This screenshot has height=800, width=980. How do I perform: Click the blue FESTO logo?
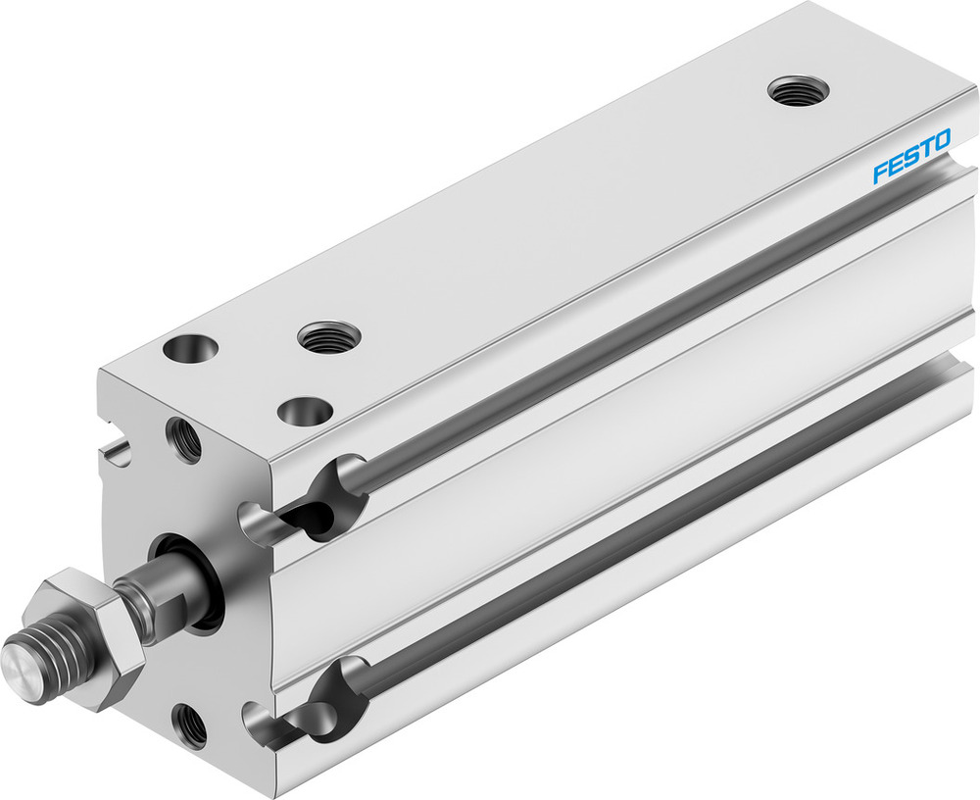click(x=910, y=157)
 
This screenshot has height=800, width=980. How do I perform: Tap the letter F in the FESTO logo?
click(x=879, y=174)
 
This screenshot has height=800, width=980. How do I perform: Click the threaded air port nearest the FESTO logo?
click(x=798, y=91)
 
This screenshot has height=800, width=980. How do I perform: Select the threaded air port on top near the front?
click(x=328, y=337)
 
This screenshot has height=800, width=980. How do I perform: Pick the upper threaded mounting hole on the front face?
click(x=183, y=440)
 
